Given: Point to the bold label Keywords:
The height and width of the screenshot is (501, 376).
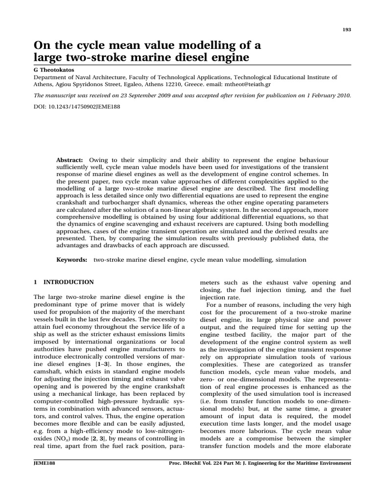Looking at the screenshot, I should (72, 260).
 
